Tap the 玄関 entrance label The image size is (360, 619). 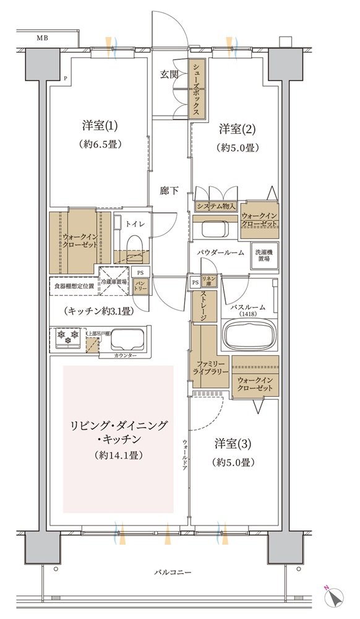(x=169, y=74)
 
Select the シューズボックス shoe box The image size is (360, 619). (x=197, y=89)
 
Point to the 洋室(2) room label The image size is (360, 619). (x=238, y=129)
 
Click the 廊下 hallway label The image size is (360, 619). (x=169, y=191)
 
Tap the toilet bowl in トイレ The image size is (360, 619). (x=134, y=246)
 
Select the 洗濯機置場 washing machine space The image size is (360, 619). (x=265, y=256)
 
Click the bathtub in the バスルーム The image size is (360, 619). (x=249, y=335)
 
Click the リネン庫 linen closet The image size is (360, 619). (x=207, y=280)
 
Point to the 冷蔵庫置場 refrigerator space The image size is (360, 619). (x=114, y=282)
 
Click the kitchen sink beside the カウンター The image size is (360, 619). (x=127, y=339)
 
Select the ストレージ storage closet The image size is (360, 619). (x=204, y=306)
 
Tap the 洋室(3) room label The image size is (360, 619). (x=233, y=444)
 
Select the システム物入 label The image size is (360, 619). (x=216, y=207)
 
